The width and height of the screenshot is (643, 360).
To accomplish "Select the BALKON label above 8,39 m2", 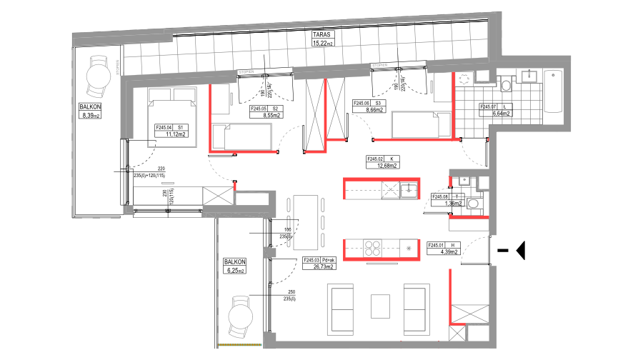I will coord(90,106).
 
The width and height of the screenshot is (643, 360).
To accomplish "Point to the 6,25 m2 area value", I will coord(235,271).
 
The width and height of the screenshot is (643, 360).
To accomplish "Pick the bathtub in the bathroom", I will coord(553,91).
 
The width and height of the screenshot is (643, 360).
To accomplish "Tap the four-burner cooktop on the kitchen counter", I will coord(372,248).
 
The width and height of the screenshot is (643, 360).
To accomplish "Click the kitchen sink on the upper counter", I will coord(408,189).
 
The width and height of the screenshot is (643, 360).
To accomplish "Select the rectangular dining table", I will coord(305,222).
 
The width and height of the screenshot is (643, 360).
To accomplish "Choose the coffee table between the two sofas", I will coord(380,306).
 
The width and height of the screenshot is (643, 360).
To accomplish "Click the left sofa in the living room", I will coord(340,308).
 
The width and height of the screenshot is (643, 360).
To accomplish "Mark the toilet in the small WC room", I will coord(472,204).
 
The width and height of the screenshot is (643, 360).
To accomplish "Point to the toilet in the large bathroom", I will coord(506,85).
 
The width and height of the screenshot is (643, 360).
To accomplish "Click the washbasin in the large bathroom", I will coord(529,76).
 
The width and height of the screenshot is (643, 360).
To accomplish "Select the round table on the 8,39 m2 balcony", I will coord(98,74).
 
